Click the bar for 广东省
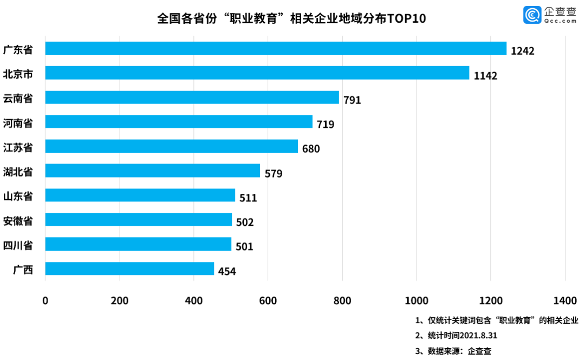pyautogui.click(x=276, y=49)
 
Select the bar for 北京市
pyautogui.click(x=257, y=73)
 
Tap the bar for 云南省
pyautogui.click(x=192, y=97)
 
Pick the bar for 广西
pyautogui.click(x=129, y=269)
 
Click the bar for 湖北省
pyautogui.click(x=152, y=171)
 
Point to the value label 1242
pyautogui.click(x=523, y=51)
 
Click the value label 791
pyautogui.click(x=351, y=100)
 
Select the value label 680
pyautogui.click(x=311, y=149)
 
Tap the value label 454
pyautogui.click(x=227, y=271)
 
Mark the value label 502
pyautogui.click(x=244, y=222)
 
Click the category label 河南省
pyautogui.click(x=18, y=123)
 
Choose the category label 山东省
pyautogui.click(x=18, y=196)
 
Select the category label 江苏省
pyautogui.click(x=18, y=147)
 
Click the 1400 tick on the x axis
pyautogui.click(x=565, y=300)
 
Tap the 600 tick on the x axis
pyautogui.click(x=268, y=300)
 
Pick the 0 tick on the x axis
pyautogui.click(x=45, y=300)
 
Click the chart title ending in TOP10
pyautogui.click(x=291, y=19)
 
